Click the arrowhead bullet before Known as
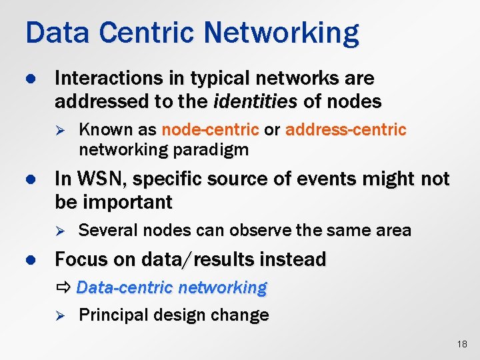59,129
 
